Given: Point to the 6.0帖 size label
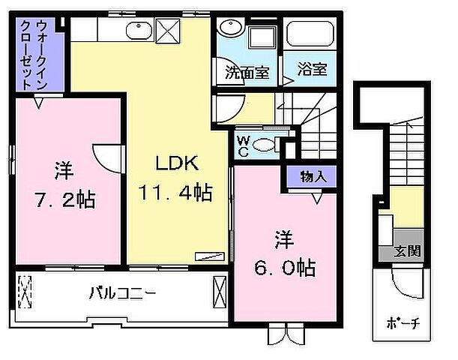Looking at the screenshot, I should tap(283, 267).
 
